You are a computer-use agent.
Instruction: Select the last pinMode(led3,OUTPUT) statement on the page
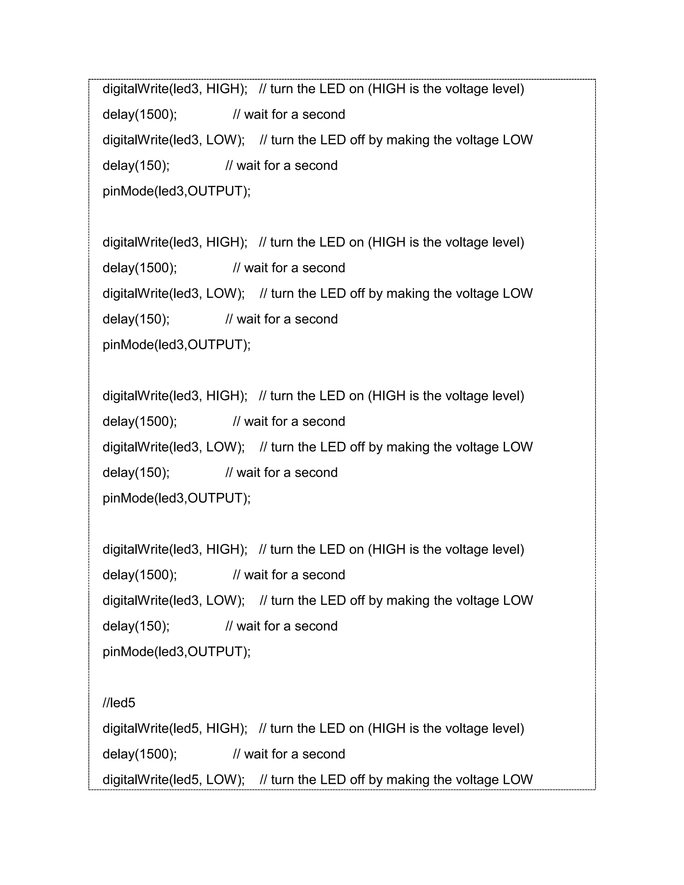pyautogui.click(x=177, y=652)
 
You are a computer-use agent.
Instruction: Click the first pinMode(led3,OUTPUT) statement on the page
pyautogui.click(x=177, y=191)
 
